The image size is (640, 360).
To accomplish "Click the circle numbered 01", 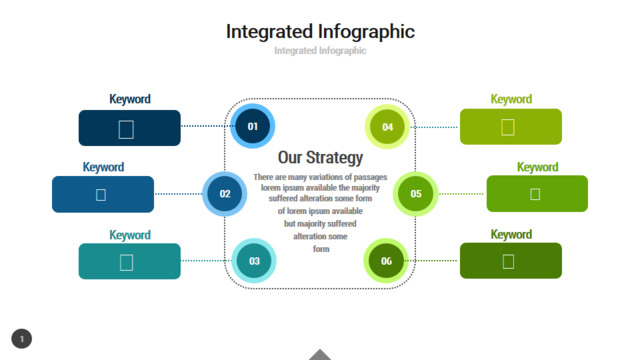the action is (252, 126).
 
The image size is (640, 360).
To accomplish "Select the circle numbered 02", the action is (224, 194).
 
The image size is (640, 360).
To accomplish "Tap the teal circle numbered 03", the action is (254, 261).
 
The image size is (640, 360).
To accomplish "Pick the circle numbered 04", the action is (387, 127).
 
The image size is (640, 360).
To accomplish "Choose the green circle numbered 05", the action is (416, 194).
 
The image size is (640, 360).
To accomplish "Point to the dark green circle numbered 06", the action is (386, 261).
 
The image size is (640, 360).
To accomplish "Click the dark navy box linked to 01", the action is (129, 128).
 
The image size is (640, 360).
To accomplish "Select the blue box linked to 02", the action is (103, 194).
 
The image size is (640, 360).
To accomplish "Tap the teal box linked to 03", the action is (129, 261).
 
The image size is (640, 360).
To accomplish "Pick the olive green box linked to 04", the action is (511, 127).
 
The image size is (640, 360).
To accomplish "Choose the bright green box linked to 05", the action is (537, 193).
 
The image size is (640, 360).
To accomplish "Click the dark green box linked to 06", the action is (511, 261).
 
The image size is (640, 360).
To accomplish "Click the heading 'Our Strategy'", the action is (320, 158).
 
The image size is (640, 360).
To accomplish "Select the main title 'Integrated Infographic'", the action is (320, 32).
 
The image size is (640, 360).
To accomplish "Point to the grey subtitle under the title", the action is (320, 51).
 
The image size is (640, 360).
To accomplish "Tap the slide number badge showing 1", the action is (22, 339).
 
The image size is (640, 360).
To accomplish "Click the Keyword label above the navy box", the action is (130, 99).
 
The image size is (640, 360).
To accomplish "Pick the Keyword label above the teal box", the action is (130, 235).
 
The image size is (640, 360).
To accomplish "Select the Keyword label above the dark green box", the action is (511, 235).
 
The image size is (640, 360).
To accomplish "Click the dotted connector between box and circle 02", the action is (178, 194).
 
